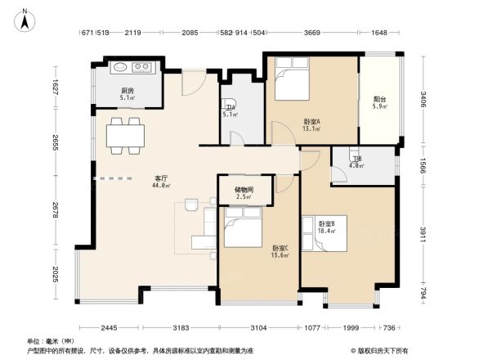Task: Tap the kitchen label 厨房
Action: [x=128, y=91]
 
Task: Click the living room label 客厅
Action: [x=162, y=178]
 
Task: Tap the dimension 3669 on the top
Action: [x=311, y=33]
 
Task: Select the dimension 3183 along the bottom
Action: [x=181, y=327]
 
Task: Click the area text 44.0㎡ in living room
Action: [x=161, y=186]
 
